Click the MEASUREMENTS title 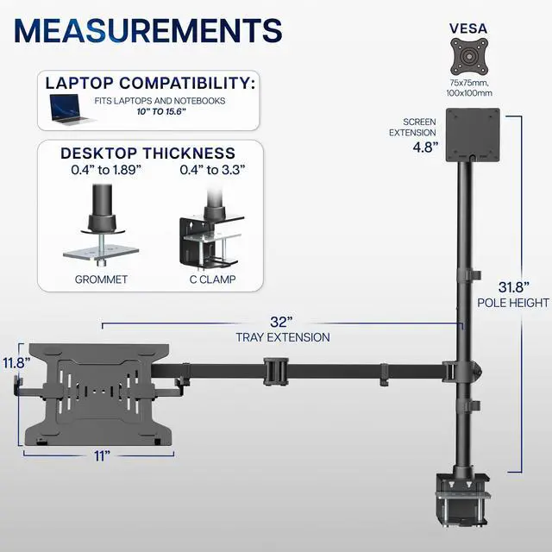pyautogui.click(x=149, y=30)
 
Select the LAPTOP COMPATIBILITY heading pyautogui.click(x=149, y=85)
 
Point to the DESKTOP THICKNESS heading pyautogui.click(x=147, y=154)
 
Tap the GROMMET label pyautogui.click(x=101, y=279)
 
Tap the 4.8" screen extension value pyautogui.click(x=425, y=147)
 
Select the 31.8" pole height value pyautogui.click(x=513, y=286)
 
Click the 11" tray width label pyautogui.click(x=103, y=455)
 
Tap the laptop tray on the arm pyautogui.click(x=102, y=392)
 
